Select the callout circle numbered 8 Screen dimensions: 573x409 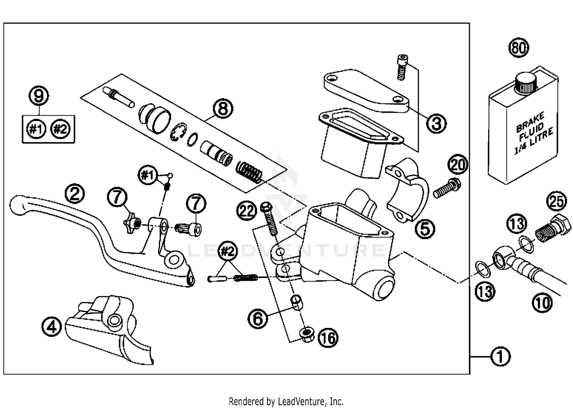[223, 108]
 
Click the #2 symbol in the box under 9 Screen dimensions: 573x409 [61, 129]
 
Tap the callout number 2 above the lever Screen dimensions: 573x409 [74, 194]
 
